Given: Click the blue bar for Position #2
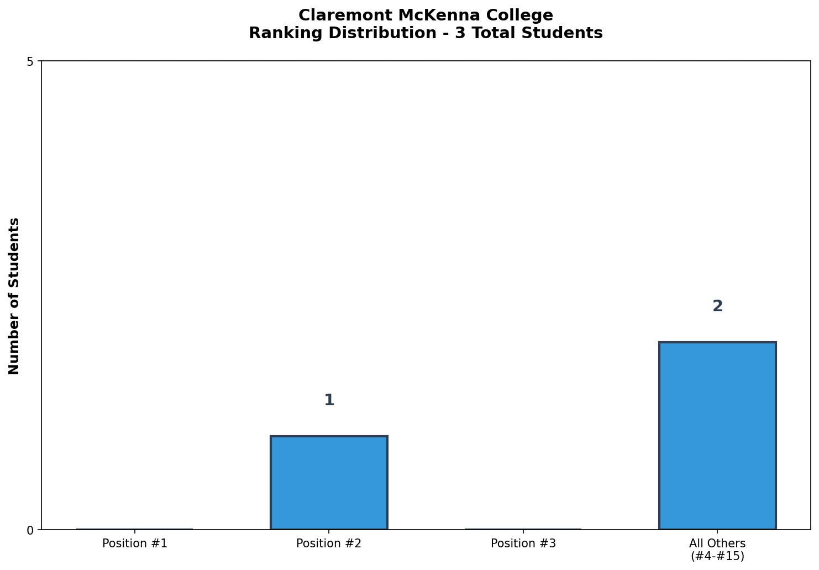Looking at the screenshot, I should (329, 483).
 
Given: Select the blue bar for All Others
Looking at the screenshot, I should (717, 436).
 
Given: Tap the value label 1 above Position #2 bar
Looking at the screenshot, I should (329, 400).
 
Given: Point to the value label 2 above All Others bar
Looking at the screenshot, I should (717, 306).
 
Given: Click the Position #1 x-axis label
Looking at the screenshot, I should (135, 543).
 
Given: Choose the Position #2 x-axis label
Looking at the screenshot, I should (329, 543).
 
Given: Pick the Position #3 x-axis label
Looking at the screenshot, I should (523, 543).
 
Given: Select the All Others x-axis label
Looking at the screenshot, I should (717, 543).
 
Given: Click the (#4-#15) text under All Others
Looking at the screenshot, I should (717, 556).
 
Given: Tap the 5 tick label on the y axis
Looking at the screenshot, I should (30, 62).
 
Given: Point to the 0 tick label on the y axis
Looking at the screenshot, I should (30, 530).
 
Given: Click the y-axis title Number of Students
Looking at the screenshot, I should (14, 296).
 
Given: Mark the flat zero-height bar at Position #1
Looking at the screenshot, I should (135, 529).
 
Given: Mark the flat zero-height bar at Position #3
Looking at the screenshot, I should (523, 529).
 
